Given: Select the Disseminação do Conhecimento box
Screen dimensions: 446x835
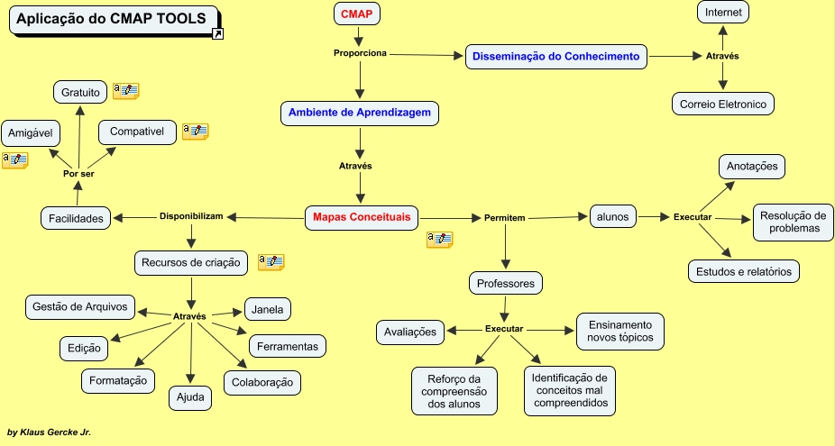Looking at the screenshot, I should point(556,56).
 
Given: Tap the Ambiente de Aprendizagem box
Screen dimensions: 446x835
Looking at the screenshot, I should point(360,113).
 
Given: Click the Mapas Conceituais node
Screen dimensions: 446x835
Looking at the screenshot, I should point(362,216).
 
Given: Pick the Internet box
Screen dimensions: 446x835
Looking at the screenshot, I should point(723,13).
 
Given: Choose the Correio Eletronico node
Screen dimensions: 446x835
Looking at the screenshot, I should point(723,104).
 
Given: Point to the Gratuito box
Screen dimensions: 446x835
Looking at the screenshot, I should point(81,91).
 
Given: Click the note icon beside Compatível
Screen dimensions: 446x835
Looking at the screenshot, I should point(195,132).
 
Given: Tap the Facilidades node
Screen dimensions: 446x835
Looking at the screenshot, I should point(76,217).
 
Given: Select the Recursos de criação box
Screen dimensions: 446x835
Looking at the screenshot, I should point(191,263).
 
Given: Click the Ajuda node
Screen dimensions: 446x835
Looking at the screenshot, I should point(190,396).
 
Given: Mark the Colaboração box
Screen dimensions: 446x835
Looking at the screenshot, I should point(262,382).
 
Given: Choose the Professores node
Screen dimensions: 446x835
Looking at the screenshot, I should point(506,283).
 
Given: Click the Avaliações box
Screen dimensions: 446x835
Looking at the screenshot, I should point(410,332).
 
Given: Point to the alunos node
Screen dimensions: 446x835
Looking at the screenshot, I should point(613,215).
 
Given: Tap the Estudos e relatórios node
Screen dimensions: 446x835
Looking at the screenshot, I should point(743,270).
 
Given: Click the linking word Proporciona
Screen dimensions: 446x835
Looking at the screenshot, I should point(360,53).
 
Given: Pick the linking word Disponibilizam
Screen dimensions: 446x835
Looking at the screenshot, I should point(191,216).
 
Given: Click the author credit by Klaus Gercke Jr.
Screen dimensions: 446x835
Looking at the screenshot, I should point(49,432).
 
